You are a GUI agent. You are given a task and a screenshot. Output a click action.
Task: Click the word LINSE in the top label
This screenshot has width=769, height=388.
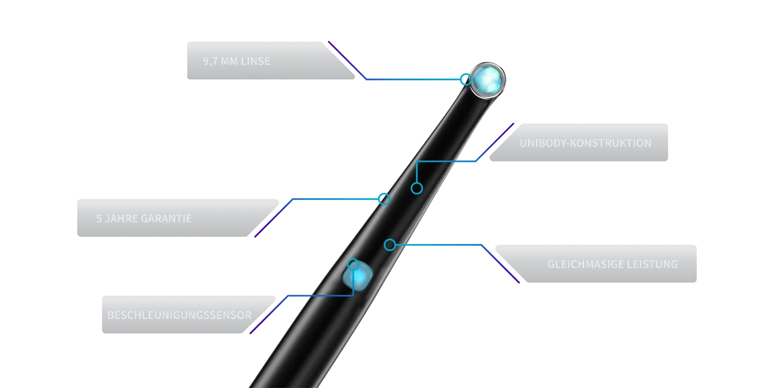pos(255,61)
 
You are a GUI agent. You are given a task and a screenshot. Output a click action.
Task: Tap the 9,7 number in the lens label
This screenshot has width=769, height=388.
pos(210,61)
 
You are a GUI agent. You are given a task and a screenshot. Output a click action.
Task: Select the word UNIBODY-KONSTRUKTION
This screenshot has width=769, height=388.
pos(585,143)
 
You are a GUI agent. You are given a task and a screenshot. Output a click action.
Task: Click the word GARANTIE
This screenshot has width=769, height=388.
pos(165,219)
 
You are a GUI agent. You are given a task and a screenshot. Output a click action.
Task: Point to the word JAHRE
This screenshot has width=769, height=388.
pos(120,219)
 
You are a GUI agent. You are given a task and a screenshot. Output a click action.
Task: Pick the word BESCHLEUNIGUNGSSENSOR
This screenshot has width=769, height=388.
pos(180,315)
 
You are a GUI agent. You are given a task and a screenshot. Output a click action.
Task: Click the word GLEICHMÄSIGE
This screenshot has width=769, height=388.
pos(586,264)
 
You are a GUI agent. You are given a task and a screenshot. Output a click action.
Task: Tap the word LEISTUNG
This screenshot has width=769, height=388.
pos(652,264)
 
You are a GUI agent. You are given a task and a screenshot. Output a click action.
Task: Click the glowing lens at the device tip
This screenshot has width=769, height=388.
pos(487,80)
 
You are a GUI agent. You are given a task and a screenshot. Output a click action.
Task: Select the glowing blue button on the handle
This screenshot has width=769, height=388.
pos(358,276)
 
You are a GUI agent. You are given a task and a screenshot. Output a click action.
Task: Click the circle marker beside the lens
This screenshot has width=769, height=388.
pos(466,80)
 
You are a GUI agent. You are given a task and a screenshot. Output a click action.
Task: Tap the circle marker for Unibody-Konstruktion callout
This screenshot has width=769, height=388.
pos(417,188)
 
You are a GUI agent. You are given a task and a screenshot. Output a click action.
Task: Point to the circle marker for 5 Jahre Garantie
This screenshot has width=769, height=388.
pos(384,199)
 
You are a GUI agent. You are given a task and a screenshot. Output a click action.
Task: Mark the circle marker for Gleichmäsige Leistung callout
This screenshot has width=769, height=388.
pos(390,245)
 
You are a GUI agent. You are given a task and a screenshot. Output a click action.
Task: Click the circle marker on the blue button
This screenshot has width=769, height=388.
pos(353,265)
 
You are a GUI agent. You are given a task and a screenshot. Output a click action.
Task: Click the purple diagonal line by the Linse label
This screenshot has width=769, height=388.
pos(347,61)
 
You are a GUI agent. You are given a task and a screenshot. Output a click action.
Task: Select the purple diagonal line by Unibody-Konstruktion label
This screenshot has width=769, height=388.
pos(495,142)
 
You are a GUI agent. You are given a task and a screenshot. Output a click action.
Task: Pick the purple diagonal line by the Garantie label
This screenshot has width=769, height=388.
pos(273,217)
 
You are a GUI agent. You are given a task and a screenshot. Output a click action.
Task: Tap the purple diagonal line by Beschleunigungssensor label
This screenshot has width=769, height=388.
pos(269,315)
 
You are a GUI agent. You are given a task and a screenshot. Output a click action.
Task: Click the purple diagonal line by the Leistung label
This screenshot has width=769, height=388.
pos(501,264)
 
